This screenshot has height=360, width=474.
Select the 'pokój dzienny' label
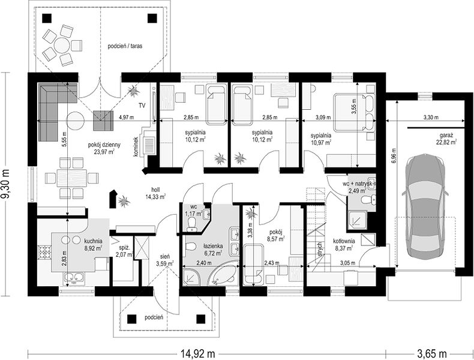point(104,145)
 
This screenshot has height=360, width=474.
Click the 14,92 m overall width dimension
point(198,353)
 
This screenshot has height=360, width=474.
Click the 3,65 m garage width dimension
point(432,353)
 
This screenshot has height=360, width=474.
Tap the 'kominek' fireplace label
point(136,147)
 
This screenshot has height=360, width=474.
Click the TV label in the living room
point(142,106)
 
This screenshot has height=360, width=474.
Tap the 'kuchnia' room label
point(93,241)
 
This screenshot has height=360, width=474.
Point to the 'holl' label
point(155,190)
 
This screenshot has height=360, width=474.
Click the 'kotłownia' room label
point(344,241)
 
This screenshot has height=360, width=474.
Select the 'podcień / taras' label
point(125,46)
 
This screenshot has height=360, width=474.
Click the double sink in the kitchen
point(74,277)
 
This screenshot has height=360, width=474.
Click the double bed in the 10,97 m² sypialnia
point(354,113)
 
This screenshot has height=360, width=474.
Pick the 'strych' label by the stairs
point(320,250)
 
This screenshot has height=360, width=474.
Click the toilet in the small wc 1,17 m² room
point(191,225)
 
